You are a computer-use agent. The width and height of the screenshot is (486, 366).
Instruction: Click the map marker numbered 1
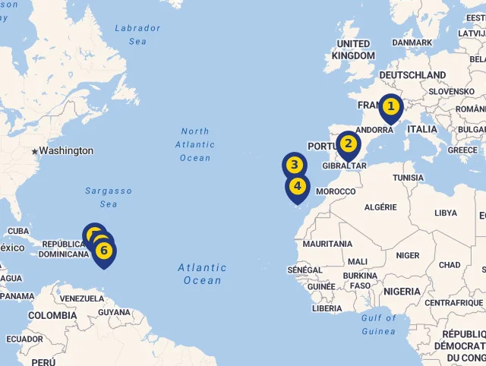(390, 107)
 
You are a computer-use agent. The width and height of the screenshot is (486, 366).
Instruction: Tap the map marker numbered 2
(348, 144)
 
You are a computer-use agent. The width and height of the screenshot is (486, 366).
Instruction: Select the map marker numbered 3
(295, 166)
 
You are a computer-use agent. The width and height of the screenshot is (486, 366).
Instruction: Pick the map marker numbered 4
(297, 186)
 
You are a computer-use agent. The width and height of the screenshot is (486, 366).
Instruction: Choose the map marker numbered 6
(104, 251)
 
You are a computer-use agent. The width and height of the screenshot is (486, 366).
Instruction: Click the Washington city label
(66, 151)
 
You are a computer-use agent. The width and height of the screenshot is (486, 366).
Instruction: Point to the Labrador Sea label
(137, 35)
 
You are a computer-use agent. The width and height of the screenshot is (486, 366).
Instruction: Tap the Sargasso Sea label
(109, 197)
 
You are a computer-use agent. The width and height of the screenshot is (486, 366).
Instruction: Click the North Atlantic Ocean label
(195, 144)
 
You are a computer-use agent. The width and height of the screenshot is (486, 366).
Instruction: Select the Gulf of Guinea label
(379, 324)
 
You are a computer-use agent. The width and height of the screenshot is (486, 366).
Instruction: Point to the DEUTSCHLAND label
(412, 75)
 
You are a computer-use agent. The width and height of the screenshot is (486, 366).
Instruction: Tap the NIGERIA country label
(402, 292)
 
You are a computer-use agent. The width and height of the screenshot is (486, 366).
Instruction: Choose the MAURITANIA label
(327, 244)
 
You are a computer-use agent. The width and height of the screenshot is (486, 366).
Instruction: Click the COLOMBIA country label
(52, 315)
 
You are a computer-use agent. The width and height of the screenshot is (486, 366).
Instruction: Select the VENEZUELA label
(80, 298)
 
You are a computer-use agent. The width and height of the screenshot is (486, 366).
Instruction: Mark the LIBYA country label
(446, 213)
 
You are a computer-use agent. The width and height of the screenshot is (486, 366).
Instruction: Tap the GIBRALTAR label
(345, 166)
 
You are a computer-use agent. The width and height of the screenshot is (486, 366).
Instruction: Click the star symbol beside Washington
(34, 152)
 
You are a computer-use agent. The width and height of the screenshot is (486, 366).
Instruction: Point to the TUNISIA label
(408, 178)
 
